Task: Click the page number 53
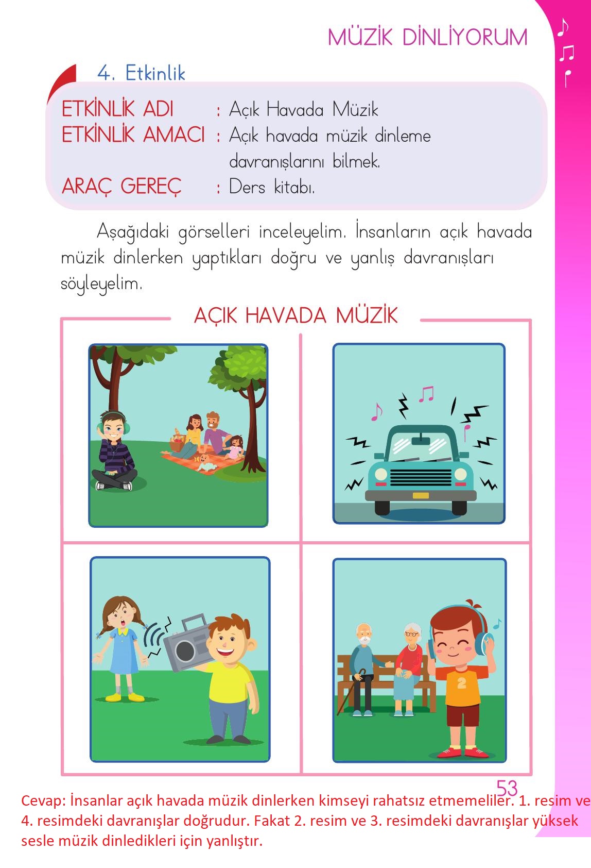[x=507, y=788]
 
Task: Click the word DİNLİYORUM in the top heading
[x=465, y=38]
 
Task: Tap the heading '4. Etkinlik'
[x=141, y=74]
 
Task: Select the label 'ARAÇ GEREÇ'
[x=121, y=187]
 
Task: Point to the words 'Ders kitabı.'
[x=272, y=187]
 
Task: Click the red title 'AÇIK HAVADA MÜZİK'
[x=295, y=315]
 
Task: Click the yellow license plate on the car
[x=421, y=495]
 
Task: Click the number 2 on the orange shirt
[x=461, y=683]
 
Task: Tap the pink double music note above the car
[x=426, y=394]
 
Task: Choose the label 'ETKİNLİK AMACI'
[x=133, y=135]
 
